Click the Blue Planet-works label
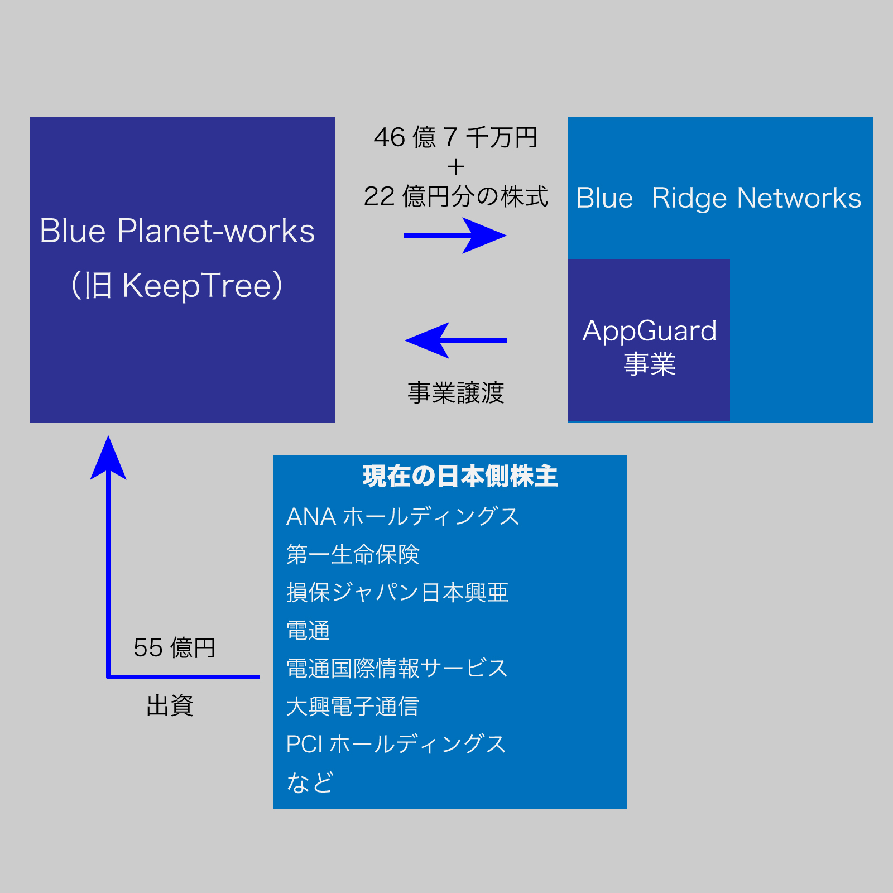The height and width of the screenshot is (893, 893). (177, 231)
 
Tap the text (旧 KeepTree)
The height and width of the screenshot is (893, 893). (177, 285)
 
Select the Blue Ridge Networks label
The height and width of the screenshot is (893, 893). (719, 198)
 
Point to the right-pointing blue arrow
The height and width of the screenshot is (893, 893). (455, 236)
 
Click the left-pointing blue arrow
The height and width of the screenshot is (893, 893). (455, 340)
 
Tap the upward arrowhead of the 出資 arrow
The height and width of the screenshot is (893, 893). (108, 459)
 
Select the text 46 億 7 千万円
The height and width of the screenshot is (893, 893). (455, 137)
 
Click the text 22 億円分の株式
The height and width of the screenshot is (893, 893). (455, 196)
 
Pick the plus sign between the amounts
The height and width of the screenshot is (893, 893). (455, 167)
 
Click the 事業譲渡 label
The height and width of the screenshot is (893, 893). (455, 393)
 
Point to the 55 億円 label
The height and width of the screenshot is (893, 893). (174, 648)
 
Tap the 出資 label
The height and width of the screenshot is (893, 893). (170, 706)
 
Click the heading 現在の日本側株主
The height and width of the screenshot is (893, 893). (460, 477)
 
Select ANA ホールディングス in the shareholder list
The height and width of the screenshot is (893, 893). (402, 517)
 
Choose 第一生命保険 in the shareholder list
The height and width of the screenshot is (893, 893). (353, 555)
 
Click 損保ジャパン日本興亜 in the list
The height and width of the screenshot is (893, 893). (397, 593)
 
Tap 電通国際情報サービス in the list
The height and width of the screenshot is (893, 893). (397, 669)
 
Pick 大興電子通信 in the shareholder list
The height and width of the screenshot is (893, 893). (352, 707)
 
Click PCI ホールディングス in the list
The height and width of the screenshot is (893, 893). (396, 745)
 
